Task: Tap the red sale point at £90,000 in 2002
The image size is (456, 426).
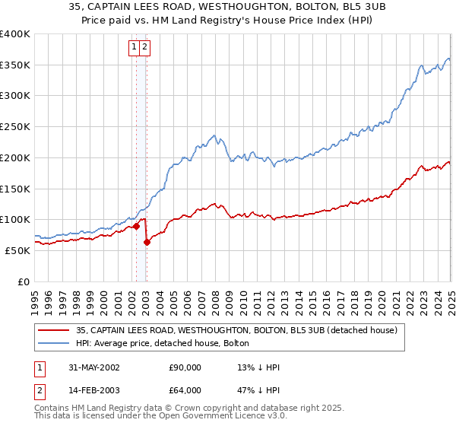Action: point(137,225)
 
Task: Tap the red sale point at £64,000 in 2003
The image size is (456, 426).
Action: point(147,242)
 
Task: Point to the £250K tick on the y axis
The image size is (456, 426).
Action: point(15,126)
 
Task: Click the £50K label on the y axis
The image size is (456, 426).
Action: point(17,250)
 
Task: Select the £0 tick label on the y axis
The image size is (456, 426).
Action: point(24,281)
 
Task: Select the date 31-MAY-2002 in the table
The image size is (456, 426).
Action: point(94,367)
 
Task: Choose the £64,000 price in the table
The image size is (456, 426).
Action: point(185,392)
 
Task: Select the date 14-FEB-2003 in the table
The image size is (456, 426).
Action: point(94,392)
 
